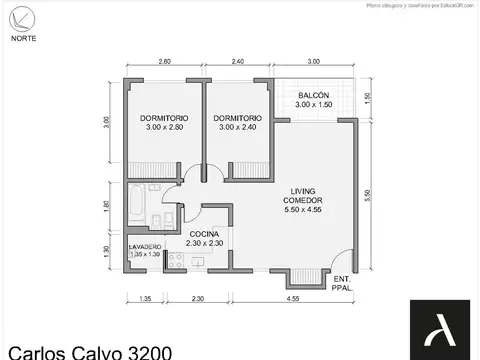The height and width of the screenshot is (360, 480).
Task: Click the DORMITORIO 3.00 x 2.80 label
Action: coord(164,122)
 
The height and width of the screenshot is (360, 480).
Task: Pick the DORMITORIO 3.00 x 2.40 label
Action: coord(237,122)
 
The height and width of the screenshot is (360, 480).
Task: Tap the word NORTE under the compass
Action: coord(26,38)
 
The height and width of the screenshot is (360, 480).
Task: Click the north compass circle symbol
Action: coord(25,17)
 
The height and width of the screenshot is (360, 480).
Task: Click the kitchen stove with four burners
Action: coord(175,259)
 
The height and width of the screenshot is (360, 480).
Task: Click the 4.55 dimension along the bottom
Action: coord(293,297)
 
